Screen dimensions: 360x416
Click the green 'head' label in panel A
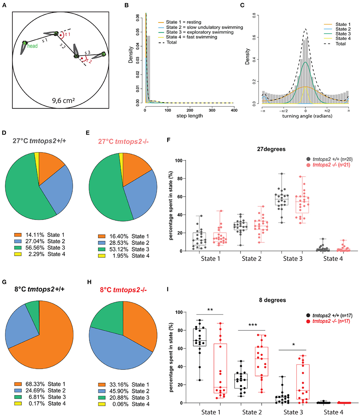pyautogui.click(x=32, y=46)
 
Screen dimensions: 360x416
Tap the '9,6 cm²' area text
pyautogui.click(x=63, y=100)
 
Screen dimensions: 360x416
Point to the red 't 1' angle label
pyautogui.click(x=68, y=34)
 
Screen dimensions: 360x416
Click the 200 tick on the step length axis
pyautogui.click(x=190, y=110)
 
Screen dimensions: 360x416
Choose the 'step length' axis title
pyautogui.click(x=190, y=116)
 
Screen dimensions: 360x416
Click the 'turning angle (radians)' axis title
pyautogui.click(x=307, y=116)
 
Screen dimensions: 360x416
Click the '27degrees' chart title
pyautogui.click(x=271, y=149)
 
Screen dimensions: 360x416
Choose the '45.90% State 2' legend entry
pyautogui.click(x=124, y=391)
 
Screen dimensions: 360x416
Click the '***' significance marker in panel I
pyautogui.click(x=253, y=325)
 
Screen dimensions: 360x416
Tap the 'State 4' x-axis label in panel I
pyautogui.click(x=333, y=412)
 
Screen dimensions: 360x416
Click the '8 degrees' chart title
pyautogui.click(x=272, y=300)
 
